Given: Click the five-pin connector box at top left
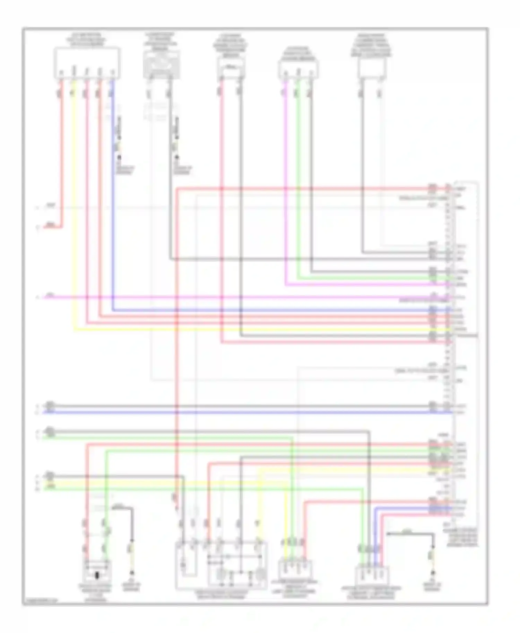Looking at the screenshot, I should pos(87,63).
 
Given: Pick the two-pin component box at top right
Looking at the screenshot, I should pos(372,68).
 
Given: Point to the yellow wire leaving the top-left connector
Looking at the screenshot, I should pos(74,208).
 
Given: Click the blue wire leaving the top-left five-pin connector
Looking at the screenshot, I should pos(113,208).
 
